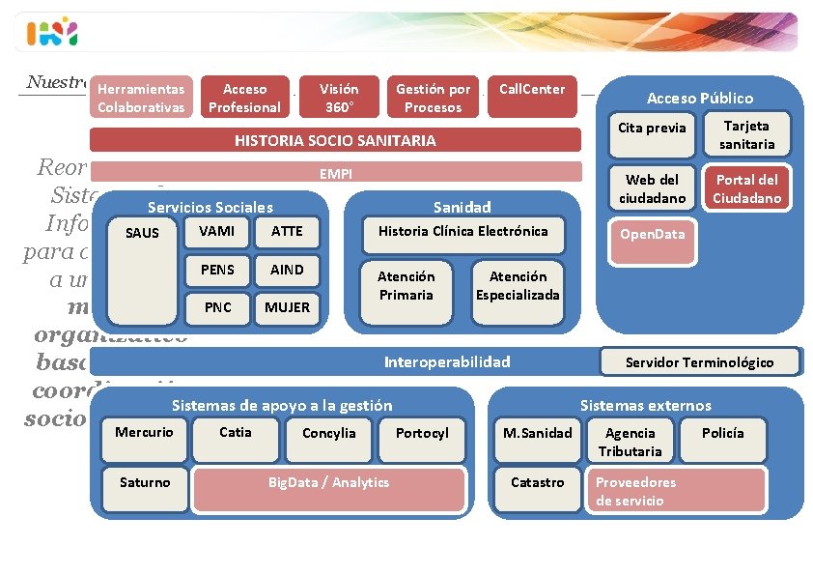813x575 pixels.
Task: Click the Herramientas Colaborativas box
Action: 141,98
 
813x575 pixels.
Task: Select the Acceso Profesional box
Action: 245,98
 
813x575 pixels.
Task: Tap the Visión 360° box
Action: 338,98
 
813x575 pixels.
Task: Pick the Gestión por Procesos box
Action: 434,98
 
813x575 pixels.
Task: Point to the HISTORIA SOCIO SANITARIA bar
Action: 335,140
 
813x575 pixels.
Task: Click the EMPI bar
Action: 335,173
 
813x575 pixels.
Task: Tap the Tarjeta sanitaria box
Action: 746,135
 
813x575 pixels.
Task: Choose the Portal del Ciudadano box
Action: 746,188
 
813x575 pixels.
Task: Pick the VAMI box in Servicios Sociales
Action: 217,232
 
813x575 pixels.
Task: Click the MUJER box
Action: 287,307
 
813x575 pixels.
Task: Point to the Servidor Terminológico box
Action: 699,361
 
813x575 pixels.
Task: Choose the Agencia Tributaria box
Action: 630,441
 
